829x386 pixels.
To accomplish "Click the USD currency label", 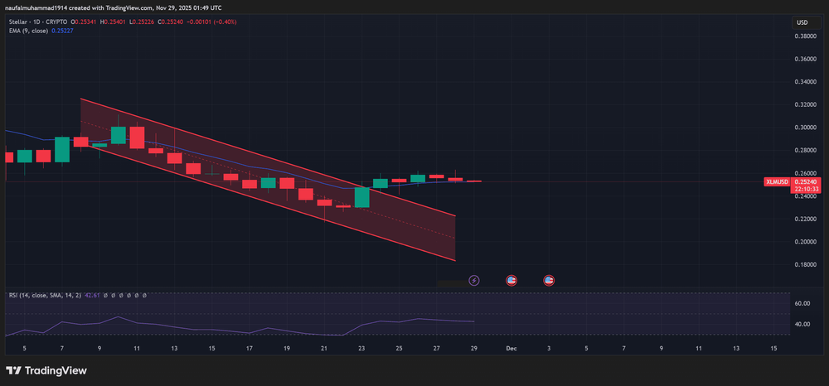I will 802,22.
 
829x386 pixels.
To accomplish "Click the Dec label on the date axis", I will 511,350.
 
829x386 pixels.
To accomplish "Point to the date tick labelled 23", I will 361,350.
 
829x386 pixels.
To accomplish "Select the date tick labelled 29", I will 474,350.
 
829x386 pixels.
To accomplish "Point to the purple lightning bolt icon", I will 474,281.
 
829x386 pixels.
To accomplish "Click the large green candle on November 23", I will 361,197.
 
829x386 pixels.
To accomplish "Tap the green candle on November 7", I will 62,149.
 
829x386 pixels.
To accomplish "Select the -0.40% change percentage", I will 222,22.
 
